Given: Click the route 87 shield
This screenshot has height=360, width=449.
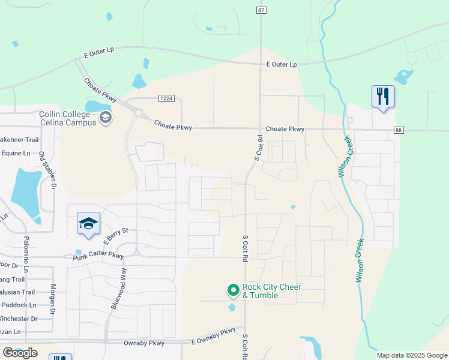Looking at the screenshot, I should point(261,10).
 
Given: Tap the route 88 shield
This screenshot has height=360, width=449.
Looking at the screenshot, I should point(399,130).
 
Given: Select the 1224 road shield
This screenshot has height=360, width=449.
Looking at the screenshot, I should point(166,98).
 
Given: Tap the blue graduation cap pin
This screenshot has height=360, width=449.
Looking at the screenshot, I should point(88,224).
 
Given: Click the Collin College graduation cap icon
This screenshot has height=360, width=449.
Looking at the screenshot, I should point(106,117).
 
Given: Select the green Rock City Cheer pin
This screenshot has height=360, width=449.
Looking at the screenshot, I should point(233,291).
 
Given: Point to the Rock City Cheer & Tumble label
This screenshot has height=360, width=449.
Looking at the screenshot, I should point(271,291).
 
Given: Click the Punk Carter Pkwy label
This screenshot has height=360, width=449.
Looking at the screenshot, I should point(98,257).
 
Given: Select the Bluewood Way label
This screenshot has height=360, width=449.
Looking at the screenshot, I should point(119,289).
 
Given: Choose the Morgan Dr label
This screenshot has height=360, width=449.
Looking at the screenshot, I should point(53,300).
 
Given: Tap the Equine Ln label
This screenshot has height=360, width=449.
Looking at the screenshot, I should point(15,153).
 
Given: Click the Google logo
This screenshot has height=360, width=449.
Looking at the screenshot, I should point(20,353).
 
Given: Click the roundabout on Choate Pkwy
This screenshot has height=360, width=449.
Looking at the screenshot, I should point(139,113).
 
